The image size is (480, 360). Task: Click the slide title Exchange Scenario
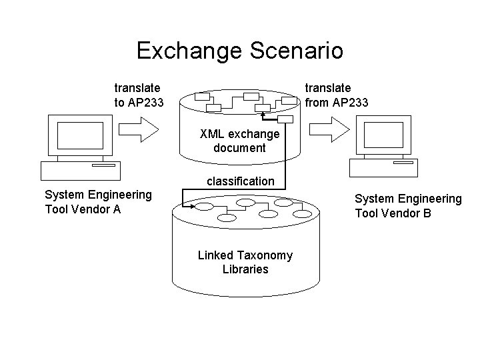[x=239, y=50]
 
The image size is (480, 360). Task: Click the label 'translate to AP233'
[x=137, y=95]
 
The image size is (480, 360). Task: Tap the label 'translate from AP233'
[x=336, y=95]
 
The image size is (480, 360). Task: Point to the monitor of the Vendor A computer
[x=79, y=136]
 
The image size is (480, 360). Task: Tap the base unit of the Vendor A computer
[x=79, y=171]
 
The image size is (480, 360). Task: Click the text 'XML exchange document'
[x=239, y=141]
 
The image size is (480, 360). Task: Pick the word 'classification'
[x=240, y=181]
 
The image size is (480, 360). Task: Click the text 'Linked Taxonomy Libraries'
[x=245, y=263]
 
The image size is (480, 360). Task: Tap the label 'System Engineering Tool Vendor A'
[x=98, y=201]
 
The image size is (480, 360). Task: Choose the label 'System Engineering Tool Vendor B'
[x=407, y=205]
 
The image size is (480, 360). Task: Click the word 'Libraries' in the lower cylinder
[x=245, y=269]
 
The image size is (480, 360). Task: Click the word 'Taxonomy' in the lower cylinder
[x=268, y=256]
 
